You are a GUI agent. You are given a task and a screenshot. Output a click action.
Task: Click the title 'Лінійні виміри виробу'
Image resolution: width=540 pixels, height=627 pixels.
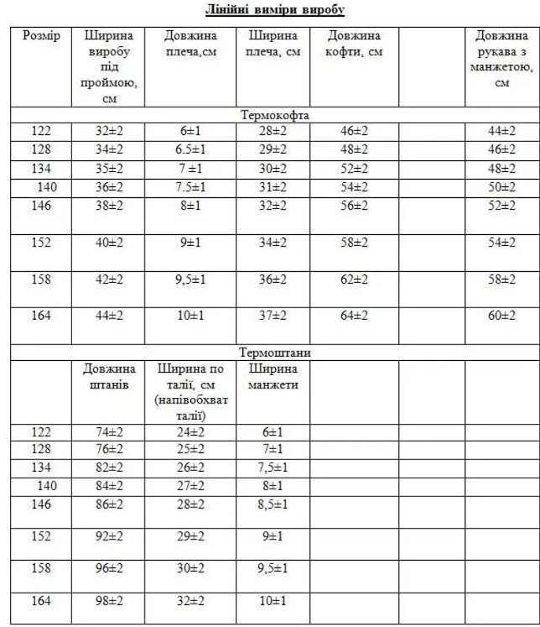(x=275, y=10)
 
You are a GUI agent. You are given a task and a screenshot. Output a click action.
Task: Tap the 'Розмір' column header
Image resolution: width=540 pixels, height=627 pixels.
(x=41, y=36)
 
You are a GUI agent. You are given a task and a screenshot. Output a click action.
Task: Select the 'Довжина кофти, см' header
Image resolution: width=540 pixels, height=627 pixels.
(x=354, y=44)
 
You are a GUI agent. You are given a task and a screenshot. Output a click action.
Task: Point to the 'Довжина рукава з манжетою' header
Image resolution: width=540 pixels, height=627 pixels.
(x=502, y=59)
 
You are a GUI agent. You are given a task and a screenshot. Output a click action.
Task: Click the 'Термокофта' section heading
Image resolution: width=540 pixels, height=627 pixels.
(x=275, y=115)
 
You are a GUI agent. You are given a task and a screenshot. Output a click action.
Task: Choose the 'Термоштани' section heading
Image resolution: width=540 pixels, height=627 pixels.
(x=275, y=353)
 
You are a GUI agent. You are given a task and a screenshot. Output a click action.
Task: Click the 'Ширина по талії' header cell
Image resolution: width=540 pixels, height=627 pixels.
(x=191, y=392)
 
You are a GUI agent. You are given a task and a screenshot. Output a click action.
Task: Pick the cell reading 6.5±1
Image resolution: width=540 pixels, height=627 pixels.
(x=190, y=149)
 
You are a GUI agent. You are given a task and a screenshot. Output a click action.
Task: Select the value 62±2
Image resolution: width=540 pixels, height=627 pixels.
(x=354, y=279)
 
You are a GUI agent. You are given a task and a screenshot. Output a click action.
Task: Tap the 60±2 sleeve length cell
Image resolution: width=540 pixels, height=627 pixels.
(x=502, y=316)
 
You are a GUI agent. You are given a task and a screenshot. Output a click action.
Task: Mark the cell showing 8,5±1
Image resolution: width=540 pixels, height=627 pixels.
(x=273, y=504)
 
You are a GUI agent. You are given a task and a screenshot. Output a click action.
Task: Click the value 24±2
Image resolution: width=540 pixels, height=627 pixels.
(x=190, y=432)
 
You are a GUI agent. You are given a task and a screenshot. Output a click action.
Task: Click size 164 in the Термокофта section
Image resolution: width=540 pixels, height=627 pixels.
(x=41, y=316)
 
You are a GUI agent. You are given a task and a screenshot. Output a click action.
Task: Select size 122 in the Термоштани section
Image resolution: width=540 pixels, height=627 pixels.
(x=41, y=432)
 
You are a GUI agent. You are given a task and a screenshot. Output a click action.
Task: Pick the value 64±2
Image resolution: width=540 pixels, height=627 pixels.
(x=354, y=316)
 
